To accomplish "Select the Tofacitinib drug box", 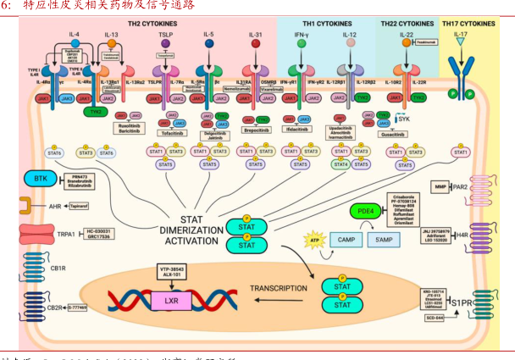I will [x=171, y=130].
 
